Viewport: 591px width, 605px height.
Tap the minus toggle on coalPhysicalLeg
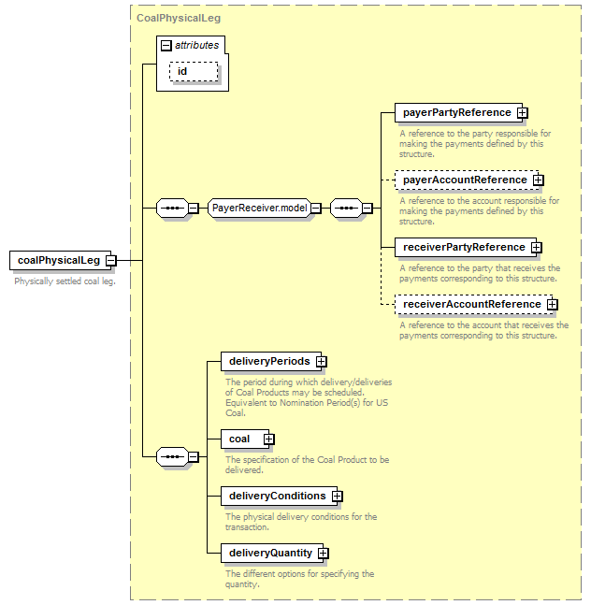(x=111, y=261)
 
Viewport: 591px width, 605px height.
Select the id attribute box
(x=194, y=71)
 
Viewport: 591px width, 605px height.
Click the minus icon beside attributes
(x=166, y=46)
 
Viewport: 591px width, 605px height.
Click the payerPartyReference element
(x=458, y=112)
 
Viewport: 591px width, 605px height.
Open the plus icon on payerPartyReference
(x=523, y=112)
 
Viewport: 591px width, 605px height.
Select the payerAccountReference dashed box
(x=467, y=180)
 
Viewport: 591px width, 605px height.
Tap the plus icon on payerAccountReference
(x=539, y=180)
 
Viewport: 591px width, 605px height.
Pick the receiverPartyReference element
(x=466, y=247)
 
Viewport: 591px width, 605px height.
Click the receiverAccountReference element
(x=474, y=305)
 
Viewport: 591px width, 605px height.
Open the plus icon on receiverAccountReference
(x=553, y=305)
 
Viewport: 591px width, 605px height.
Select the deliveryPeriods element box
(x=271, y=362)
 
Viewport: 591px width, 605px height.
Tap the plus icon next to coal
(x=269, y=439)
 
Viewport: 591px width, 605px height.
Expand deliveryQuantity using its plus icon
(x=324, y=554)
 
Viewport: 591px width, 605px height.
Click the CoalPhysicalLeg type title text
(x=179, y=18)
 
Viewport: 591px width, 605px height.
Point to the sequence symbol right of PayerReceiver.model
(x=346, y=209)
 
